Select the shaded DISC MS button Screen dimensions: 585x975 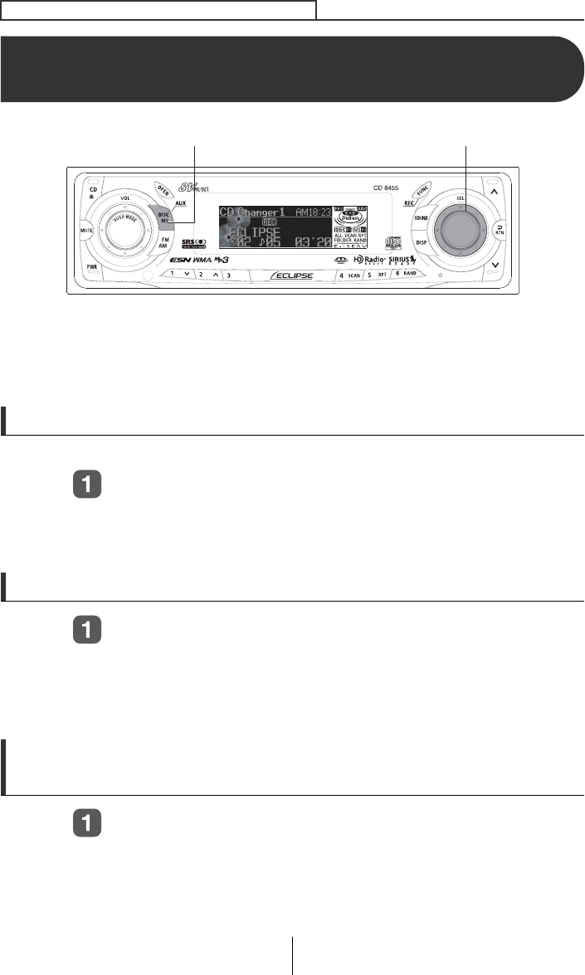click(165, 217)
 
